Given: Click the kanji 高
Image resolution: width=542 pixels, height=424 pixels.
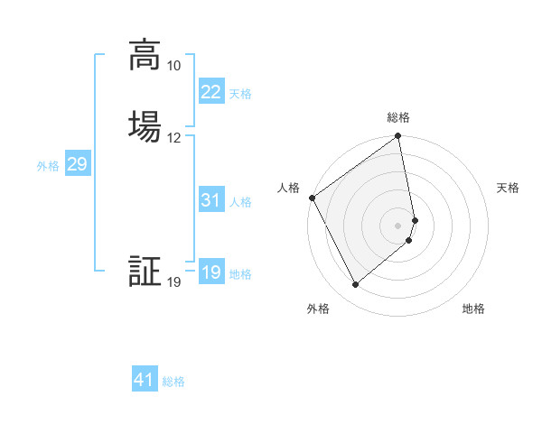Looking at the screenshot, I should point(145,55).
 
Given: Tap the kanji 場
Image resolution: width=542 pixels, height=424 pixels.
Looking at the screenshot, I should point(145,126).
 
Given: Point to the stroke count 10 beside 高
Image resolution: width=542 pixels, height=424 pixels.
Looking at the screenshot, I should point(173,66).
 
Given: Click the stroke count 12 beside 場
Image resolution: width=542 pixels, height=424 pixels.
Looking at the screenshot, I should point(173,138).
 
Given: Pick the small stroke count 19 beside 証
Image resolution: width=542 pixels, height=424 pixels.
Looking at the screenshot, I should point(173,283).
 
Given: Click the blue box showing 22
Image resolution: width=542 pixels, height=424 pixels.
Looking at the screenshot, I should point(211,92).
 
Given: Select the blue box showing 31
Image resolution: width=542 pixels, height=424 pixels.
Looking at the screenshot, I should point(211,200).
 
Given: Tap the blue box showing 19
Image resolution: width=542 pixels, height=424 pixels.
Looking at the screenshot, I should point(211,272).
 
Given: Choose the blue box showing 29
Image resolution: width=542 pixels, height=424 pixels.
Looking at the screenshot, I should point(77,164).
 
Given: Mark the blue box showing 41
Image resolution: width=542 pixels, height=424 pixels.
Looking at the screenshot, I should point(145,380).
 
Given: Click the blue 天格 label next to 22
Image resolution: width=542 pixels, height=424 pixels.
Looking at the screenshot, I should point(240,93).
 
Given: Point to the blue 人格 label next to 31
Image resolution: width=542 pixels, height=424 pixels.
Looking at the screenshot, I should point(240,202).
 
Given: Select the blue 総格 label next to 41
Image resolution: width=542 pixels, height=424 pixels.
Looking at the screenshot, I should point(173,382).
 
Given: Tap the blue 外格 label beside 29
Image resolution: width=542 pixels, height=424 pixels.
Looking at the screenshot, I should point(48,166).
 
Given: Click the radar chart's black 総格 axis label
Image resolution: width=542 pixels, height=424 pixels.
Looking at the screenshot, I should point(398,117).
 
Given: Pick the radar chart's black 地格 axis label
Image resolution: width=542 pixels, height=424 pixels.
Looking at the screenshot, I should point(473,309).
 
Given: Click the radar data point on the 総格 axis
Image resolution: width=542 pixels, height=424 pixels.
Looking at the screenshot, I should point(398,137).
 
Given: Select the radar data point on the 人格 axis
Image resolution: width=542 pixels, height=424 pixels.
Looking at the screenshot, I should point(312,198).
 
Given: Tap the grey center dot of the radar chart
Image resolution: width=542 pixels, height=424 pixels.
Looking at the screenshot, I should point(398,225).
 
